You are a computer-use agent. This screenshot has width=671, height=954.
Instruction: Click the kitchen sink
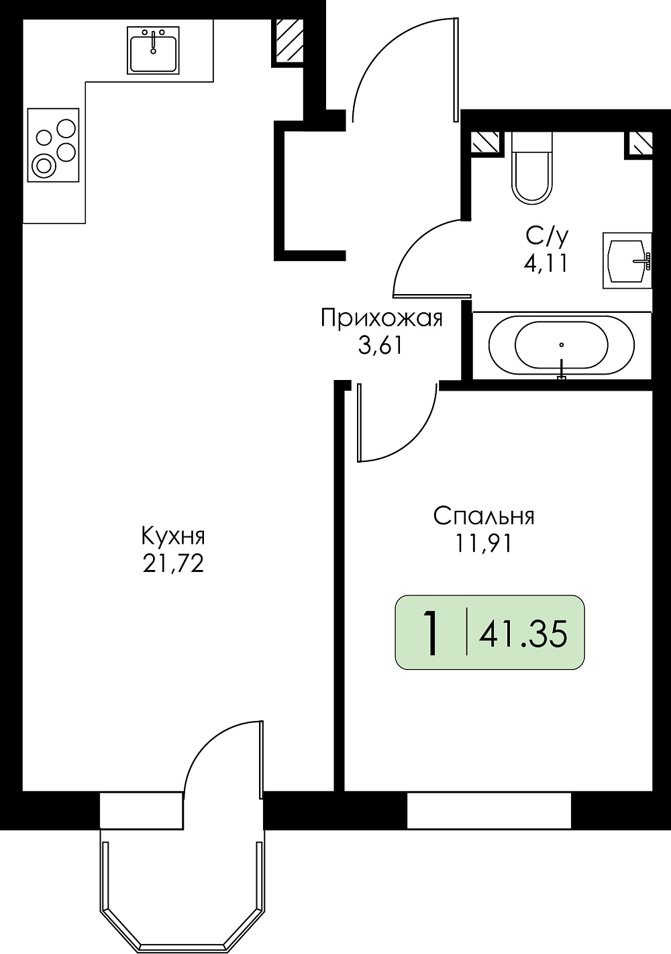(x=153, y=50)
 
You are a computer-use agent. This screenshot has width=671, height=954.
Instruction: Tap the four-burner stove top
(x=53, y=145)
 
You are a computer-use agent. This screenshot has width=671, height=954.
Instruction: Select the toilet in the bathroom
(x=532, y=167)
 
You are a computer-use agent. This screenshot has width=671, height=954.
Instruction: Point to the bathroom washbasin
(x=627, y=260)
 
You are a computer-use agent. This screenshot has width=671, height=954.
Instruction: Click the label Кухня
(x=173, y=537)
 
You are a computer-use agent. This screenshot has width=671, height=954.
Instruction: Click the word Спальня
(x=484, y=516)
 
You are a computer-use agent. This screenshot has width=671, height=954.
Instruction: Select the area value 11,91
(x=483, y=544)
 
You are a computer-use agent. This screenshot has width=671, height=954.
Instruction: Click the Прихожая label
(x=382, y=319)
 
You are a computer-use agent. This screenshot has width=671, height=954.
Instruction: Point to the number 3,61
(x=380, y=346)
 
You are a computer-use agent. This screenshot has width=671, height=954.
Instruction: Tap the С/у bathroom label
(x=547, y=237)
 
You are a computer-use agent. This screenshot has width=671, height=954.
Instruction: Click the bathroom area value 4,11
(x=546, y=264)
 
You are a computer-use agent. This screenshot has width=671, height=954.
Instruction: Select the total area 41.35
(x=523, y=633)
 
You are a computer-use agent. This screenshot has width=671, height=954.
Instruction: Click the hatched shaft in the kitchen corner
(x=289, y=39)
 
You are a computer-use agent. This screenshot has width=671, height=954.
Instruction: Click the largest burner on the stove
(x=44, y=165)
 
